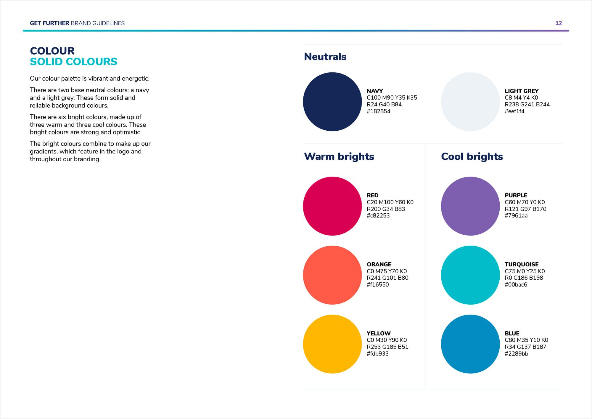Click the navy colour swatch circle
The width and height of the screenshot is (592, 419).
click(x=332, y=102)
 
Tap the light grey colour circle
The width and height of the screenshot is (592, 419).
click(x=470, y=102)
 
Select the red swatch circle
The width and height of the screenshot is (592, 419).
click(x=332, y=206)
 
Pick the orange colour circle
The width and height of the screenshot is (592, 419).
click(x=332, y=275)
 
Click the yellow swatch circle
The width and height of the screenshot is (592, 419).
click(x=332, y=344)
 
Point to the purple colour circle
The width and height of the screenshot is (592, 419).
click(x=470, y=206)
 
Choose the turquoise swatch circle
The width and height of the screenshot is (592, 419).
click(x=470, y=275)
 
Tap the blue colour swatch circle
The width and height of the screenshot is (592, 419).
click(x=470, y=344)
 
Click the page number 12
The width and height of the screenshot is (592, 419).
click(x=559, y=23)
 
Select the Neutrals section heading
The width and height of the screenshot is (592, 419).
click(x=325, y=57)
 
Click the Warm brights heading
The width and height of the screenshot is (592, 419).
click(x=339, y=156)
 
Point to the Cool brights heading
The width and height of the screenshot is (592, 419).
click(x=472, y=156)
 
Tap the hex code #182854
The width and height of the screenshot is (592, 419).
click(x=379, y=111)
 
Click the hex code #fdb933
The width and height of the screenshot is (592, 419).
click(x=378, y=354)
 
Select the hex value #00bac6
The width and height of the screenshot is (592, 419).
click(x=516, y=285)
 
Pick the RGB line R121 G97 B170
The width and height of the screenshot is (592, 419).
click(x=525, y=209)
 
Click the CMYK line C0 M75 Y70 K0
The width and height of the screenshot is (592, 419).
click(x=387, y=271)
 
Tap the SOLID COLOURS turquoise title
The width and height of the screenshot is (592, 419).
click(x=73, y=62)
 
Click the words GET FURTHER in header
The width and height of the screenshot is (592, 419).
click(x=49, y=23)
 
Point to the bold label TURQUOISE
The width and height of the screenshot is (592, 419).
click(x=522, y=264)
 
